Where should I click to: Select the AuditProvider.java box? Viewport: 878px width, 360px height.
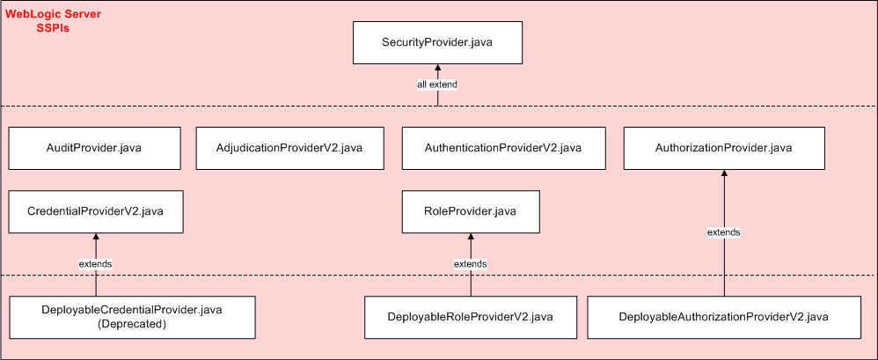(93, 148)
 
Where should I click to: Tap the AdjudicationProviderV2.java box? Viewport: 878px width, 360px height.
(289, 148)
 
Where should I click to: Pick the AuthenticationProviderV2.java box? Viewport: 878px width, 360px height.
(502, 148)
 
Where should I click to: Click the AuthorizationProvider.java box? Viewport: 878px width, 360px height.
(723, 148)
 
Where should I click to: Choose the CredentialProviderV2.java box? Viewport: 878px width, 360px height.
(96, 211)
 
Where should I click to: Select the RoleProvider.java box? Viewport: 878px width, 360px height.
(471, 211)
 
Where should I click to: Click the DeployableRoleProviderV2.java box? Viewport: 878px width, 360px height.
(471, 317)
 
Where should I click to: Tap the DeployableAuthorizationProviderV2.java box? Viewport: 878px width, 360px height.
(724, 317)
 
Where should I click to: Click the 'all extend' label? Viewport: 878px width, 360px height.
(437, 84)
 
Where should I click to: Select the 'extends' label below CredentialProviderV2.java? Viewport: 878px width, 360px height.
(96, 264)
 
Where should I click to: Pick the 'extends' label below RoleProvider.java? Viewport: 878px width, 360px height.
(471, 264)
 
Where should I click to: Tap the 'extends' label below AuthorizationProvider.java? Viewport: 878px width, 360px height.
(723, 232)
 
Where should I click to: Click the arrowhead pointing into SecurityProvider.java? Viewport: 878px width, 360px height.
(437, 69)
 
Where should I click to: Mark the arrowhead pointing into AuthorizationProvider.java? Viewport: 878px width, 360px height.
(723, 174)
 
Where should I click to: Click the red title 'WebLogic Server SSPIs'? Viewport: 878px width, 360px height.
(53, 21)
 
